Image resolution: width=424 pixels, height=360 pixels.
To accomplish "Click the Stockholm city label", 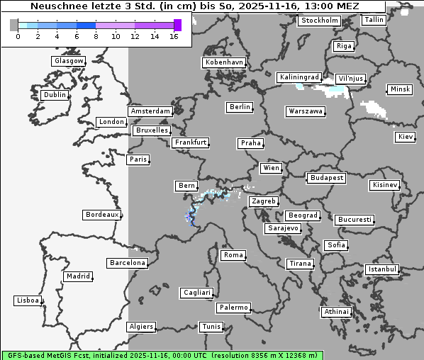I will [318, 21].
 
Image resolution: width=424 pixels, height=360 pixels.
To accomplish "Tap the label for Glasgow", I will [68, 61].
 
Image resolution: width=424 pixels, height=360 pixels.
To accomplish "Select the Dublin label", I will [54, 95].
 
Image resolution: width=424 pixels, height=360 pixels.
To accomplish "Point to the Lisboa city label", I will [27, 300].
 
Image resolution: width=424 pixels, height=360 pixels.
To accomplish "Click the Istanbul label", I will [382, 269].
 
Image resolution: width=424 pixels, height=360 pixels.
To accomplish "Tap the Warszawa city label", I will [306, 111].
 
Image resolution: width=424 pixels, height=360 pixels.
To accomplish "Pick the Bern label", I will [186, 186].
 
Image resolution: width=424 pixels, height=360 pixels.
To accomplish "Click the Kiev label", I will [406, 136].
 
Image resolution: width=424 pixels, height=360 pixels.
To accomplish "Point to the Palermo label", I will [233, 308].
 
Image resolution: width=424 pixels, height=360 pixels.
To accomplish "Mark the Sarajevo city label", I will [283, 228].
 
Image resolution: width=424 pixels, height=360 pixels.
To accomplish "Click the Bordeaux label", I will [101, 214].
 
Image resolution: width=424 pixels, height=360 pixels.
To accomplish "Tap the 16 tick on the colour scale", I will [174, 36].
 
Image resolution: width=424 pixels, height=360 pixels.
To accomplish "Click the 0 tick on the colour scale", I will [17, 36].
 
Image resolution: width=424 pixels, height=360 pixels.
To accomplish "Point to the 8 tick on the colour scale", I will [96, 36].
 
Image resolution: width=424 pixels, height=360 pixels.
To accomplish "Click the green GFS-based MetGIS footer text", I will [162, 354].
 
